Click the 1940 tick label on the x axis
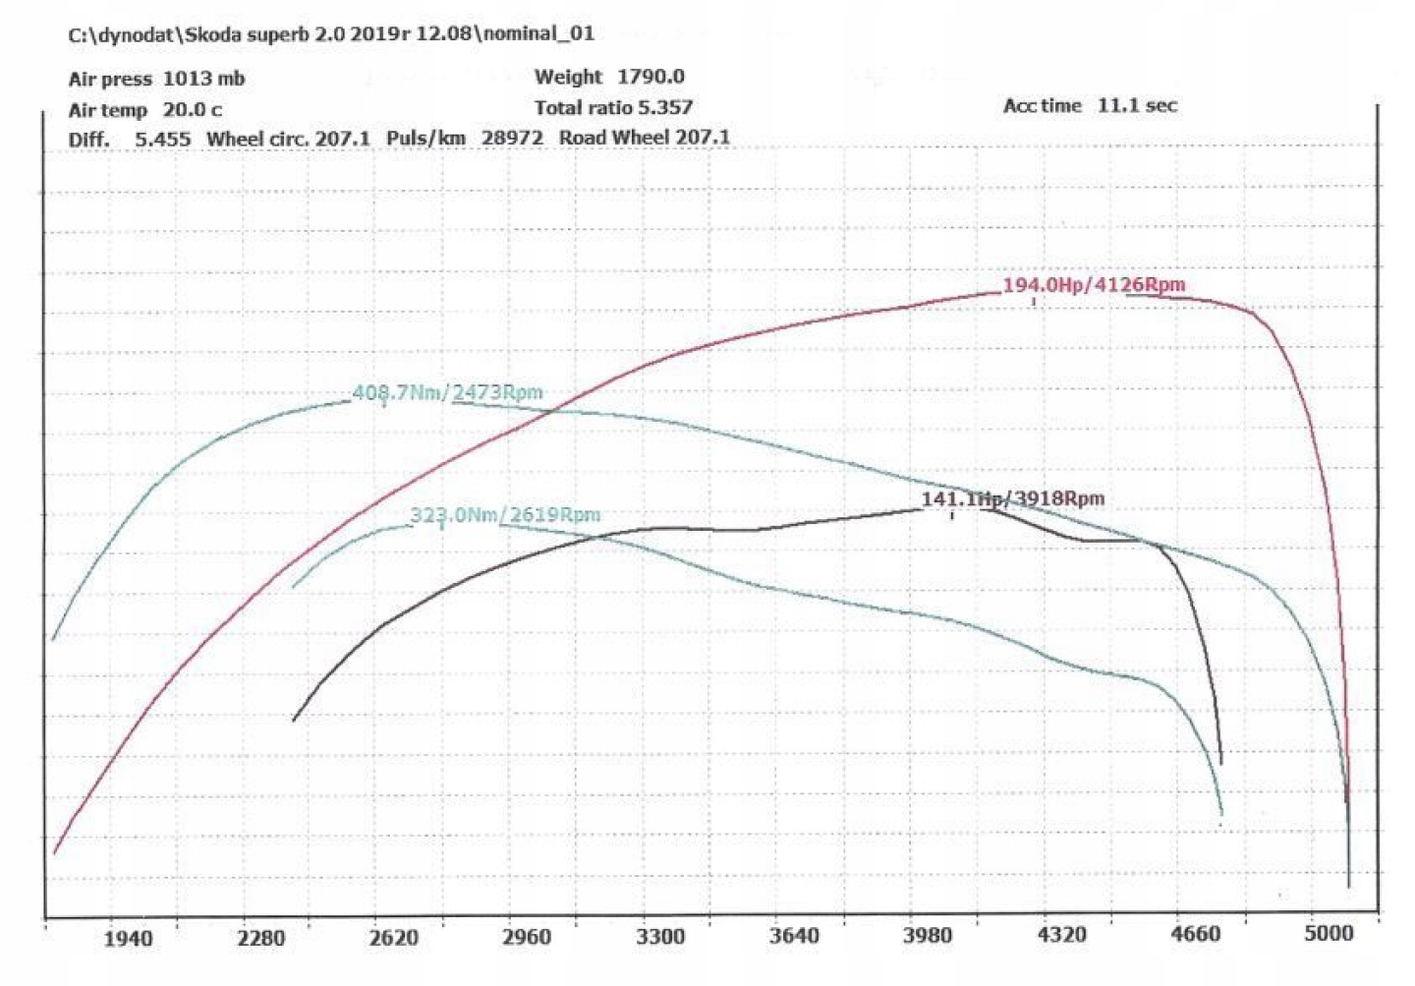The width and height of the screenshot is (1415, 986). click(x=128, y=938)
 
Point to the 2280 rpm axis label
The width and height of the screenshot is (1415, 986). click(x=261, y=938)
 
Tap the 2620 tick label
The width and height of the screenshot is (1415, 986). click(x=394, y=938)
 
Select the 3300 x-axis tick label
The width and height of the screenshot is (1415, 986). click(x=660, y=936)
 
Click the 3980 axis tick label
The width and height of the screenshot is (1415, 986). click(x=928, y=935)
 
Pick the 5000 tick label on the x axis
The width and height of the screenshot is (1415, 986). click(x=1329, y=933)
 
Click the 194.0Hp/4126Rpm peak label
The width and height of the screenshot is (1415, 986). click(x=1094, y=285)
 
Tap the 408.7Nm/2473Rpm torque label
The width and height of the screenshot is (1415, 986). click(x=447, y=393)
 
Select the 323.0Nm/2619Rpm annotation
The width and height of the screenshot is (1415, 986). click(x=505, y=515)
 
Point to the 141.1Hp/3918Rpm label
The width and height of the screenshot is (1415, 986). click(x=1012, y=499)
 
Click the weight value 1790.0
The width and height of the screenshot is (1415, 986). click(x=651, y=77)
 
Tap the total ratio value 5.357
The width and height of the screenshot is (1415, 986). click(x=665, y=107)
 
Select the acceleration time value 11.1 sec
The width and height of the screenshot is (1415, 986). click(x=1137, y=105)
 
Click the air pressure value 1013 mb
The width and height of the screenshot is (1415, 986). click(x=203, y=79)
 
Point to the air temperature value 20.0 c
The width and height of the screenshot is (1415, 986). click(x=192, y=110)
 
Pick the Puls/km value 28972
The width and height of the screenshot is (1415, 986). click(x=512, y=138)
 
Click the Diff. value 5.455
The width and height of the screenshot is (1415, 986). click(x=162, y=139)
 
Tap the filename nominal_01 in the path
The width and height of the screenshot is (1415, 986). click(x=539, y=33)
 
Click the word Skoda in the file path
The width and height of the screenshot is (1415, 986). click(x=213, y=34)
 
